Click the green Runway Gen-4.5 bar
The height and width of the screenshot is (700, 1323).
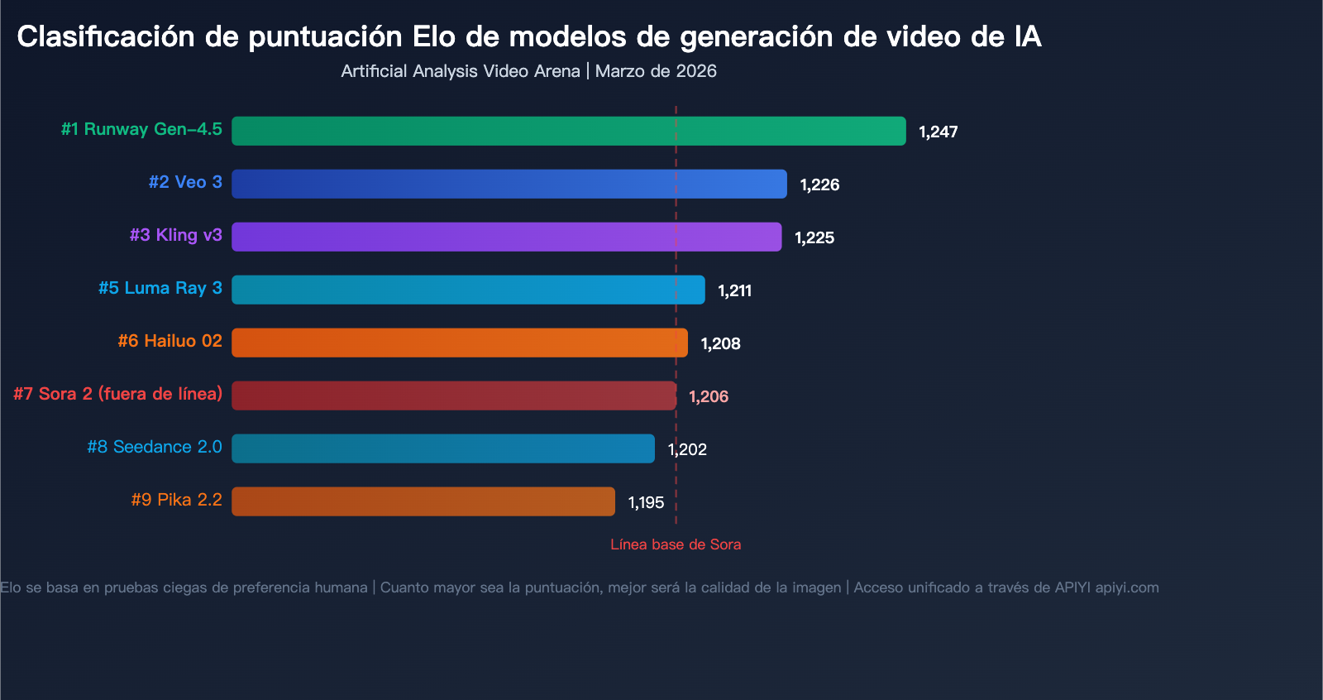[568, 131]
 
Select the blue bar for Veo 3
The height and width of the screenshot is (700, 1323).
[509, 184]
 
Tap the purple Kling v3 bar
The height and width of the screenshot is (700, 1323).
[506, 237]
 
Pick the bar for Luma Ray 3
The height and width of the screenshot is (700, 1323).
[468, 290]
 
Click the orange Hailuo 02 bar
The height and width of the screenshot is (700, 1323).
[459, 343]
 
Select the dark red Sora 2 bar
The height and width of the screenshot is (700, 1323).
[453, 396]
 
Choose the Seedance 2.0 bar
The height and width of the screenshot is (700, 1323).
[442, 448]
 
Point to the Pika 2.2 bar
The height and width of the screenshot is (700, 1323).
[423, 501]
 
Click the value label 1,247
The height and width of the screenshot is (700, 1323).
[938, 132]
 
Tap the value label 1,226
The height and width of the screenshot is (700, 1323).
[819, 185]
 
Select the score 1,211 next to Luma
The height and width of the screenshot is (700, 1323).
[734, 291]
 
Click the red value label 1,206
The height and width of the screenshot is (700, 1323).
[709, 397]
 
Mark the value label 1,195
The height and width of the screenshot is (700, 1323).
[646, 503]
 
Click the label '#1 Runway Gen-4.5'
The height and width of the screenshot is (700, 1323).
[141, 129]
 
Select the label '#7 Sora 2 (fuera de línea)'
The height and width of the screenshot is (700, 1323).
[117, 394]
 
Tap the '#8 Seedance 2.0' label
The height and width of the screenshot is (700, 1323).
[155, 447]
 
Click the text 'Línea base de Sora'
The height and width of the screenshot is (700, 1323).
[676, 544]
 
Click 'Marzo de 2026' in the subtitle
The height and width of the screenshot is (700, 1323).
[656, 71]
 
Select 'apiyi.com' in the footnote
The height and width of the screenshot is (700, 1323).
[1126, 587]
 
